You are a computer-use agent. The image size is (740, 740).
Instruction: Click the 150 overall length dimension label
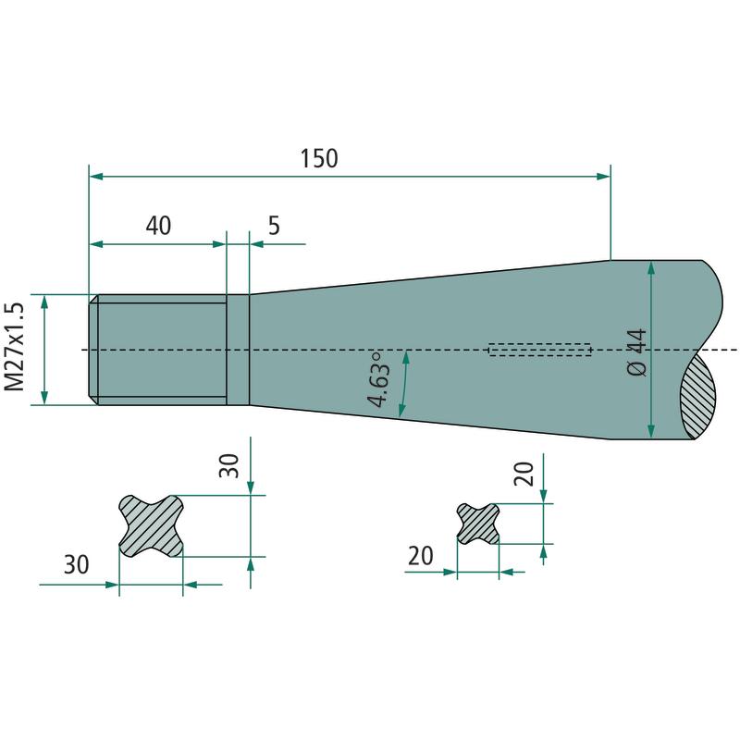pyautogui.click(x=319, y=158)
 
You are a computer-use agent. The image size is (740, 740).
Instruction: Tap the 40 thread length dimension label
pyautogui.click(x=158, y=226)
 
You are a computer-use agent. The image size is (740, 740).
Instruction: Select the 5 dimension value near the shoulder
pyautogui.click(x=274, y=226)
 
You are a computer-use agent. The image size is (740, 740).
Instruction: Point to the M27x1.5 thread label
pyautogui.click(x=14, y=347)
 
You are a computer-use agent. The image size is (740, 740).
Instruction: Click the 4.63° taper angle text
pyautogui.click(x=379, y=379)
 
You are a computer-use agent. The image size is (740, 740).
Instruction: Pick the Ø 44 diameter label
pyautogui.click(x=637, y=352)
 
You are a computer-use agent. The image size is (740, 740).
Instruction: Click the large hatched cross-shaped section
pyautogui.click(x=151, y=525)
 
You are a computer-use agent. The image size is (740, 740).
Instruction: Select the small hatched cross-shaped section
pyautogui.click(x=478, y=524)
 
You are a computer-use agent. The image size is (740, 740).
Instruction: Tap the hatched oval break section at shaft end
pyautogui.click(x=698, y=397)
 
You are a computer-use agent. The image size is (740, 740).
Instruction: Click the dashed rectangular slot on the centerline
pyautogui.click(x=539, y=350)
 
